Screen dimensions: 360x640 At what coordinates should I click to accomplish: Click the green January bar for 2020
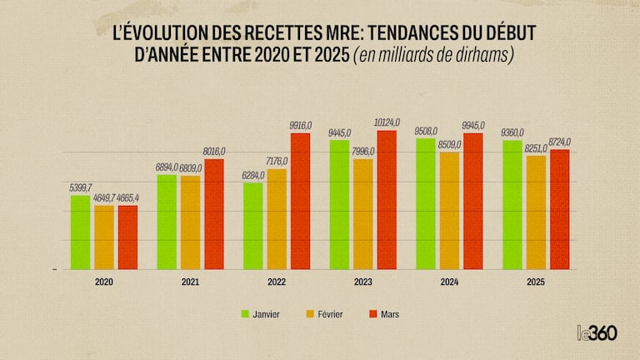click(x=80, y=232)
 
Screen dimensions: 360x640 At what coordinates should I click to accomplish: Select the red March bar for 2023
click(x=387, y=200)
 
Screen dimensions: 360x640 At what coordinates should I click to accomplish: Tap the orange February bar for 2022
click(x=277, y=219)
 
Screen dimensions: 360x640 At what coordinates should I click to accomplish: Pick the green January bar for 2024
click(x=425, y=204)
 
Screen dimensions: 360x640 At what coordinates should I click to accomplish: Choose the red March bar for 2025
click(x=559, y=209)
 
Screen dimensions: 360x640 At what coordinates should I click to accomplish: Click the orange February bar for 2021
click(x=190, y=222)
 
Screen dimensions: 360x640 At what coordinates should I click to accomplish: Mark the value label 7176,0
click(x=277, y=158)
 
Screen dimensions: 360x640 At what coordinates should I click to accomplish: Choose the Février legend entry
click(x=331, y=314)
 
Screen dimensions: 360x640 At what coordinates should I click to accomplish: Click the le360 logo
click(x=596, y=332)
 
